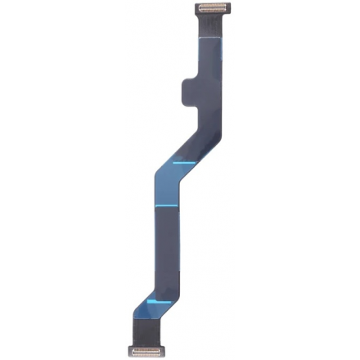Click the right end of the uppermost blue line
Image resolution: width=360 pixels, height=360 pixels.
click(x=194, y=162)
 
